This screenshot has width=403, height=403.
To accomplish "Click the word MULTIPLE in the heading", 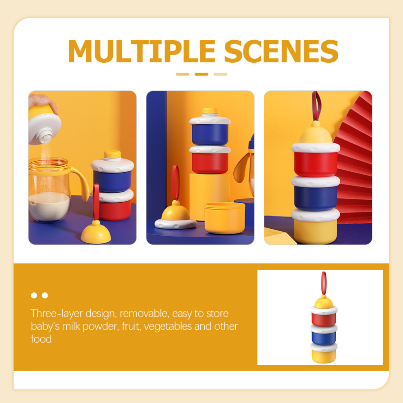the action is (142, 51).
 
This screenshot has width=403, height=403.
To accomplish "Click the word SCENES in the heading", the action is (281, 51).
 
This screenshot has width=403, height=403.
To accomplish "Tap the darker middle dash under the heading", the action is (201, 74).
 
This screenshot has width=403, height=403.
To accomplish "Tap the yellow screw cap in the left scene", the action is (112, 154).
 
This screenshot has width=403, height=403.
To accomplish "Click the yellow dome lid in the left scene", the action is (96, 233).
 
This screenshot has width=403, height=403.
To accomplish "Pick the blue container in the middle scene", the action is (210, 134).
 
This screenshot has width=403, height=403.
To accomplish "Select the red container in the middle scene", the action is (210, 163).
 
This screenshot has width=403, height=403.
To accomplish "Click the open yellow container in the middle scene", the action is (225, 218).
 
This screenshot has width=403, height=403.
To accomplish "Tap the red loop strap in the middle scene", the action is (175, 183).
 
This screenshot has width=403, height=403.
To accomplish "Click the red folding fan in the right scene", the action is (354, 159).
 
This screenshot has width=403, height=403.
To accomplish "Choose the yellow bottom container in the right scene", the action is (315, 231).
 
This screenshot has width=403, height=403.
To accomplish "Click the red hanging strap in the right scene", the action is (317, 105).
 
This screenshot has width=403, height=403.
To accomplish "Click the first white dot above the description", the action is (34, 295).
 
